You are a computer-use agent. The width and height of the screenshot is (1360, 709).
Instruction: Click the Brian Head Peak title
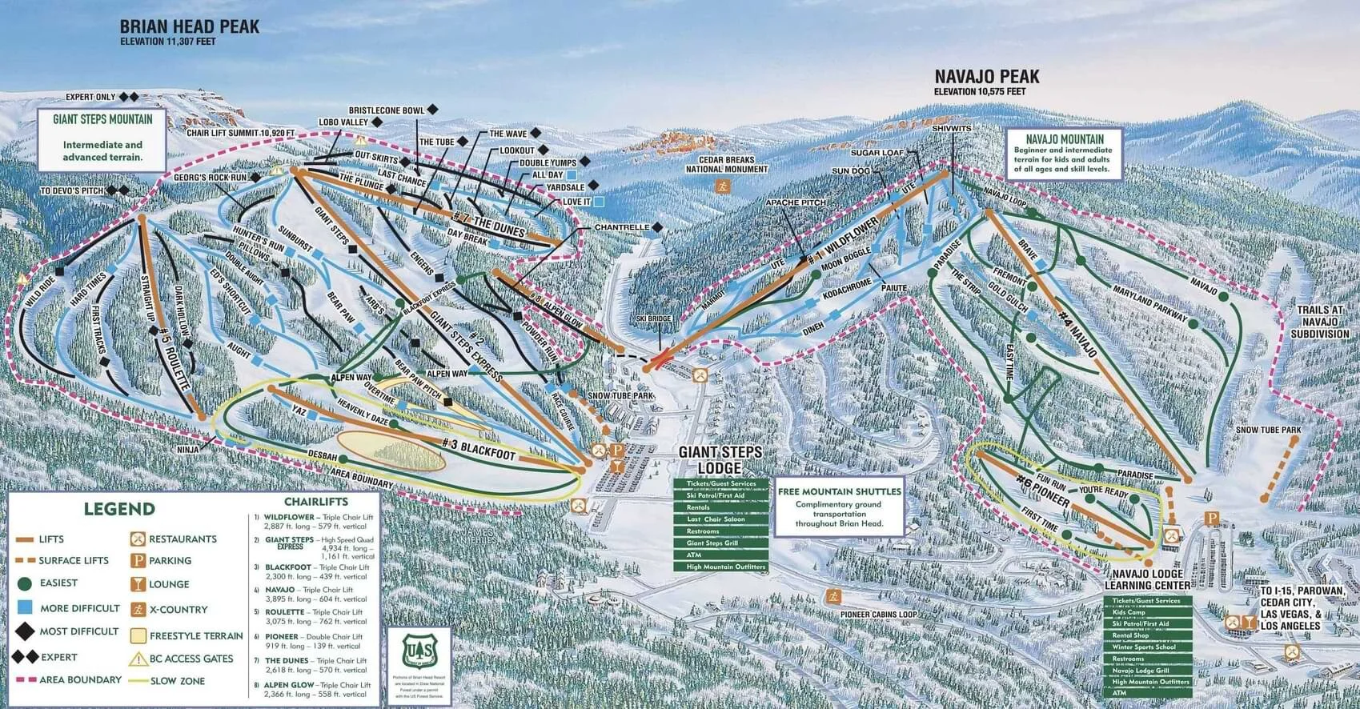pos(189,26)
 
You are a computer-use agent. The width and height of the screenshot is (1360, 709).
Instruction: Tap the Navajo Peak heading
pos(987,77)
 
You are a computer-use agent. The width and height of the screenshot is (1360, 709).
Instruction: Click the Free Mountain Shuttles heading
pos(840,491)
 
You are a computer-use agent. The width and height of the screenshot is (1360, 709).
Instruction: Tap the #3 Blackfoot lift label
pos(479,447)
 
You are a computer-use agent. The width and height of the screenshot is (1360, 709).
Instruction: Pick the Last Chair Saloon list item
pos(715,519)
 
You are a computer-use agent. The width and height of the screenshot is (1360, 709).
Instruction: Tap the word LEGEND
pos(119,509)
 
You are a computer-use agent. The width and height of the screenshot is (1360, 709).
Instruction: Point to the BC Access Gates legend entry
pos(191,659)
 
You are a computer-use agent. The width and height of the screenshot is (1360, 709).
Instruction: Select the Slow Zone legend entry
pos(177,681)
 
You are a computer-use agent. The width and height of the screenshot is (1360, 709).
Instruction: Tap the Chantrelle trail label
pos(621,228)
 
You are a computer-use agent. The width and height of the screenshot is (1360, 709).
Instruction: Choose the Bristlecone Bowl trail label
pos(386,110)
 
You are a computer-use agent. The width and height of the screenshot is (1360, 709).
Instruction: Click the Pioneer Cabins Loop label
pos(879,615)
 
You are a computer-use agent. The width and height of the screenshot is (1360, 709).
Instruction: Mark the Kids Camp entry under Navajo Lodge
pos(1129,612)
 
